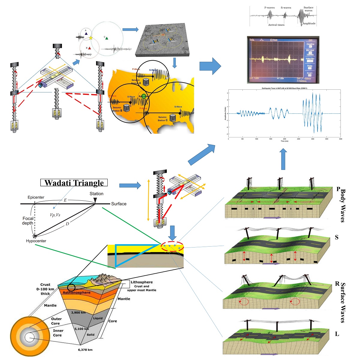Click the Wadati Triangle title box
pos(74,183)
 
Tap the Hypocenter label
pos(36,241)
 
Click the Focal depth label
pos(28,221)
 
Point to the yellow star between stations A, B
pos(91,38)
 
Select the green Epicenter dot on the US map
pos(144,96)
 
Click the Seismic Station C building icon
pos(172,118)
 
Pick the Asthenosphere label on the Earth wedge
pos(76,292)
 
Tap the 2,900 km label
pos(78,313)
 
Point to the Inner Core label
pos(58,333)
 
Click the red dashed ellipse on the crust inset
pos(172,247)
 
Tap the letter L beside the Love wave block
pos(337,334)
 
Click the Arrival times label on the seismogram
pos(276,25)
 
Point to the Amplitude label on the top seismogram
pos(309,23)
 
